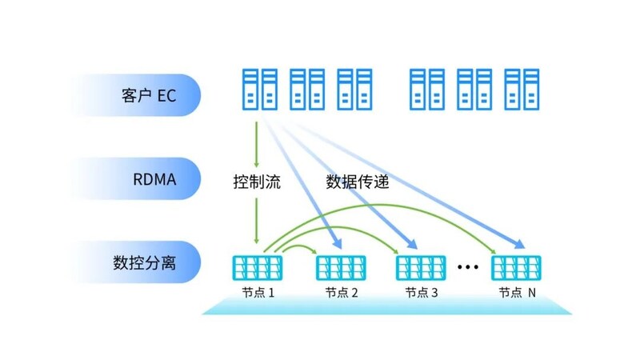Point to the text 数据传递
point(357,182)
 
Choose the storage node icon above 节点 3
point(422,266)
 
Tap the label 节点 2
point(342,293)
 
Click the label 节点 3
point(422,293)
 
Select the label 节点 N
point(517,293)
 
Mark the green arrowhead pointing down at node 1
point(256,238)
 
